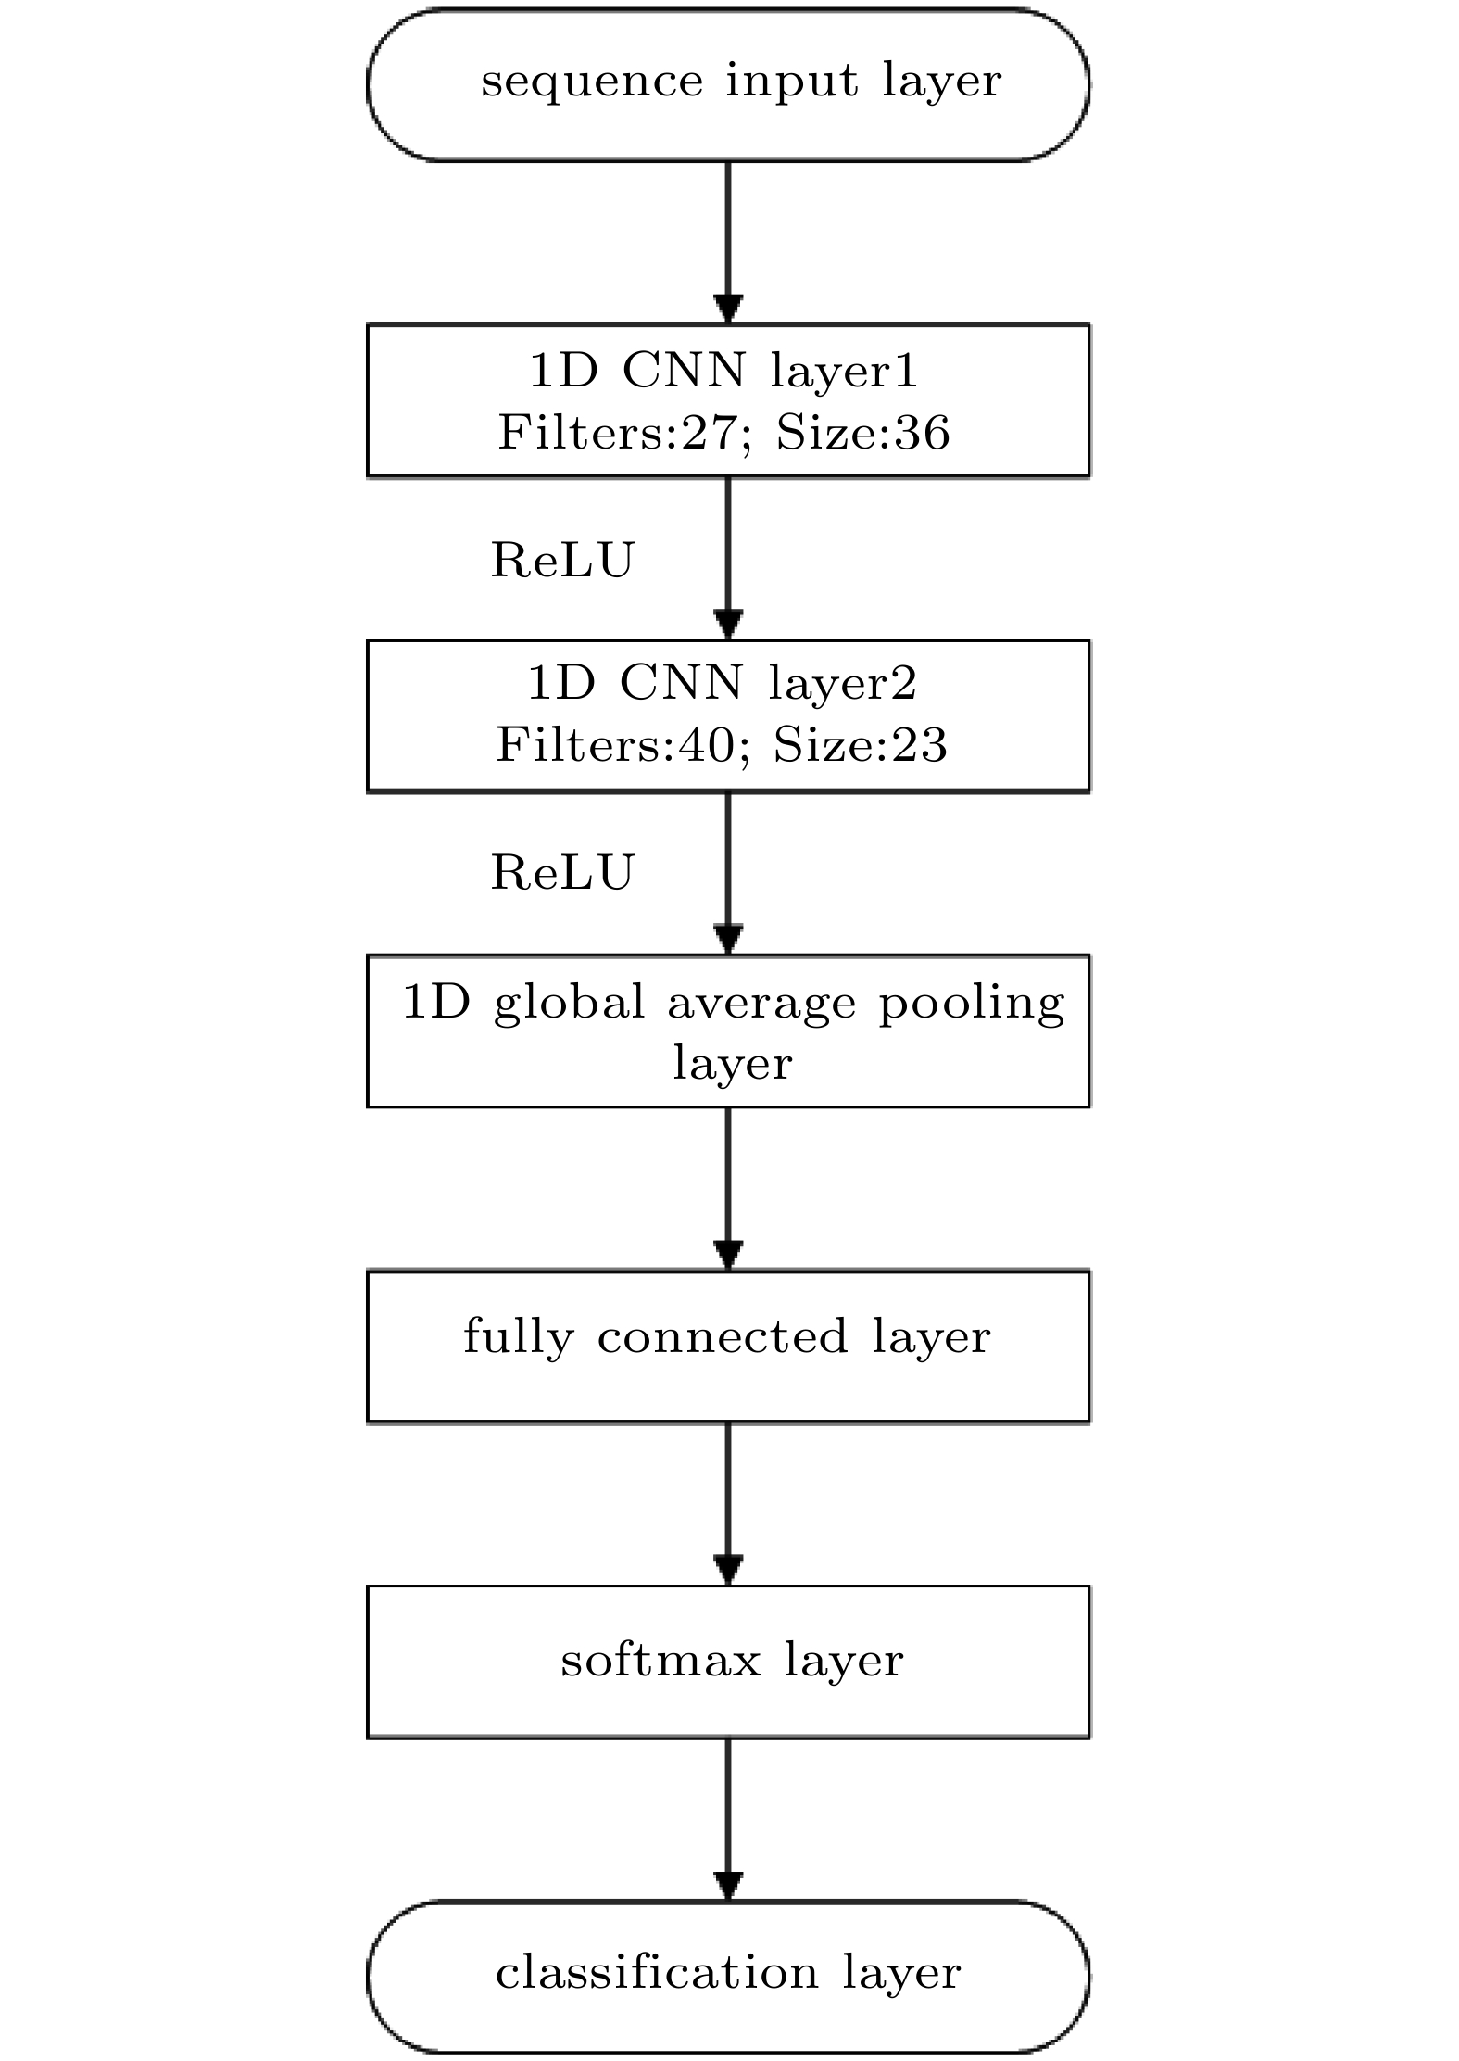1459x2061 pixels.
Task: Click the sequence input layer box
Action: (x=728, y=85)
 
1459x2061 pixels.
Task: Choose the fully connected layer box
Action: (x=728, y=1347)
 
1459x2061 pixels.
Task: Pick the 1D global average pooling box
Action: (x=728, y=1030)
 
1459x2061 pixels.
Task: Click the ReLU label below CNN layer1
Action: (x=562, y=561)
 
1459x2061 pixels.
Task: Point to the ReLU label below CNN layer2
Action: (x=562, y=873)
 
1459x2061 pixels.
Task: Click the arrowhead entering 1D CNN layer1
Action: (x=728, y=310)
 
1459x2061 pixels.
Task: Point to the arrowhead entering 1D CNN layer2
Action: (x=728, y=625)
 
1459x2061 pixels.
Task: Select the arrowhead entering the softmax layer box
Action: (x=728, y=1571)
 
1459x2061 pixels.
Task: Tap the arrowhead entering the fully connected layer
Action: (x=728, y=1256)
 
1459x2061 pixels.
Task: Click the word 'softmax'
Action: (x=661, y=1660)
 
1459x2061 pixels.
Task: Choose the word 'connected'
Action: (x=723, y=1336)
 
